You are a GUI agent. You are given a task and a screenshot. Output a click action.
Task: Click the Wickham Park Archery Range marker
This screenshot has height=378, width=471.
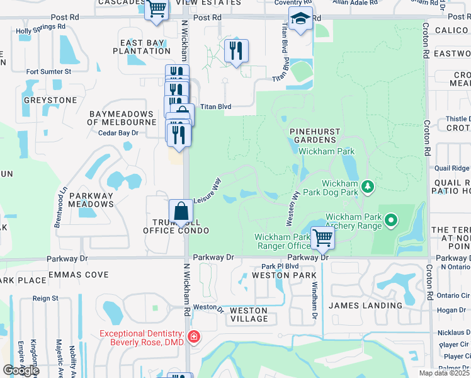392,220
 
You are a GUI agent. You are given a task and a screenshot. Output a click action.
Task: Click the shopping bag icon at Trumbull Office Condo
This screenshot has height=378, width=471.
181,211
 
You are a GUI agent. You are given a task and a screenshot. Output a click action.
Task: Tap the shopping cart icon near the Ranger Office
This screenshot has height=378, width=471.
322,238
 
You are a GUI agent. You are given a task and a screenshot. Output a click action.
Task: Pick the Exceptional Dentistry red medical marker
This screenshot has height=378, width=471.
194,337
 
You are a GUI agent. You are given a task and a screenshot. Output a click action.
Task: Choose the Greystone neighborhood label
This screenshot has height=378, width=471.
50,100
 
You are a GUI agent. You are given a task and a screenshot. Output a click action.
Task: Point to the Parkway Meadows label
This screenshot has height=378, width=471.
91,200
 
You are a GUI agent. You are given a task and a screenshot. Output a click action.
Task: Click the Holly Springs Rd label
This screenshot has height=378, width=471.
41,28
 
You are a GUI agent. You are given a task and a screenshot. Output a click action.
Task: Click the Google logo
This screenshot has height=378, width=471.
21,370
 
